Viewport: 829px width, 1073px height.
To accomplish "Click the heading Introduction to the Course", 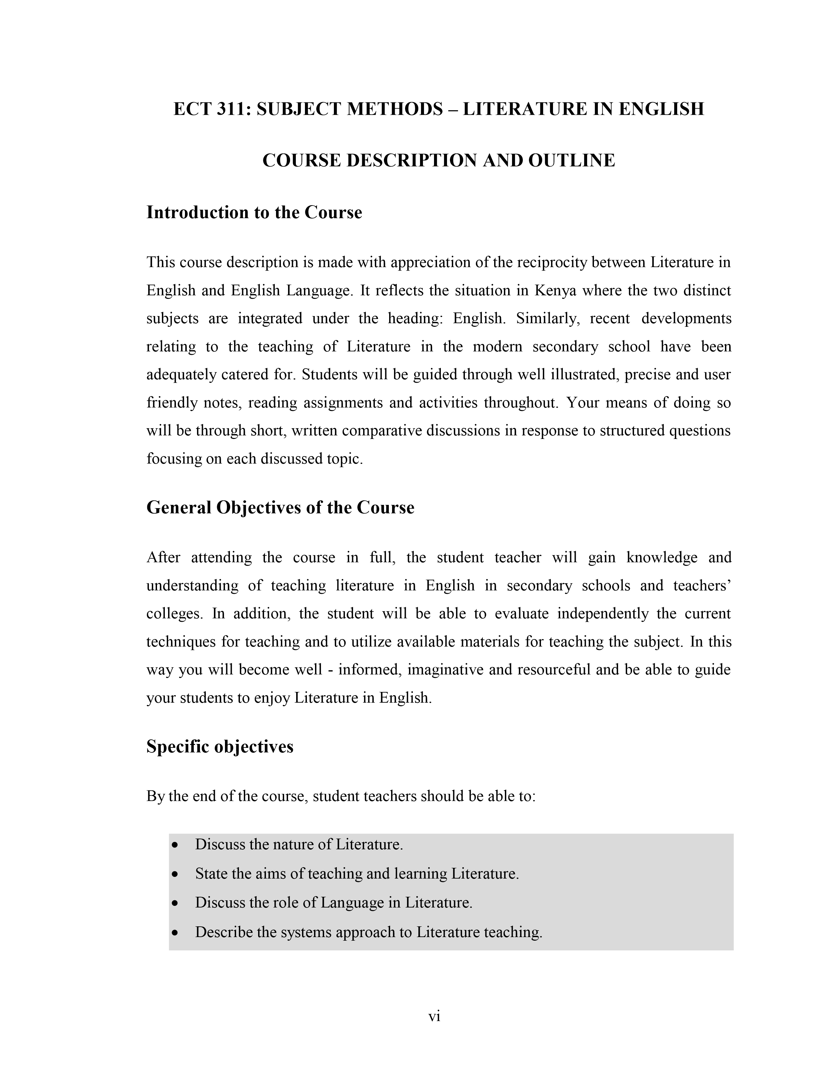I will (254, 212).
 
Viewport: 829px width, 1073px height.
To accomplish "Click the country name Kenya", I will (555, 290).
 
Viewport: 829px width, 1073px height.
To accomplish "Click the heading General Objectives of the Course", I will (280, 508).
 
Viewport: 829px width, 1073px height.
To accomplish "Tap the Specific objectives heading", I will (219, 746).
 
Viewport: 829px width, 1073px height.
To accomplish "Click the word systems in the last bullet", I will (306, 932).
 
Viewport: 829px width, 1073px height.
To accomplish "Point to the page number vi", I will (434, 1016).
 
